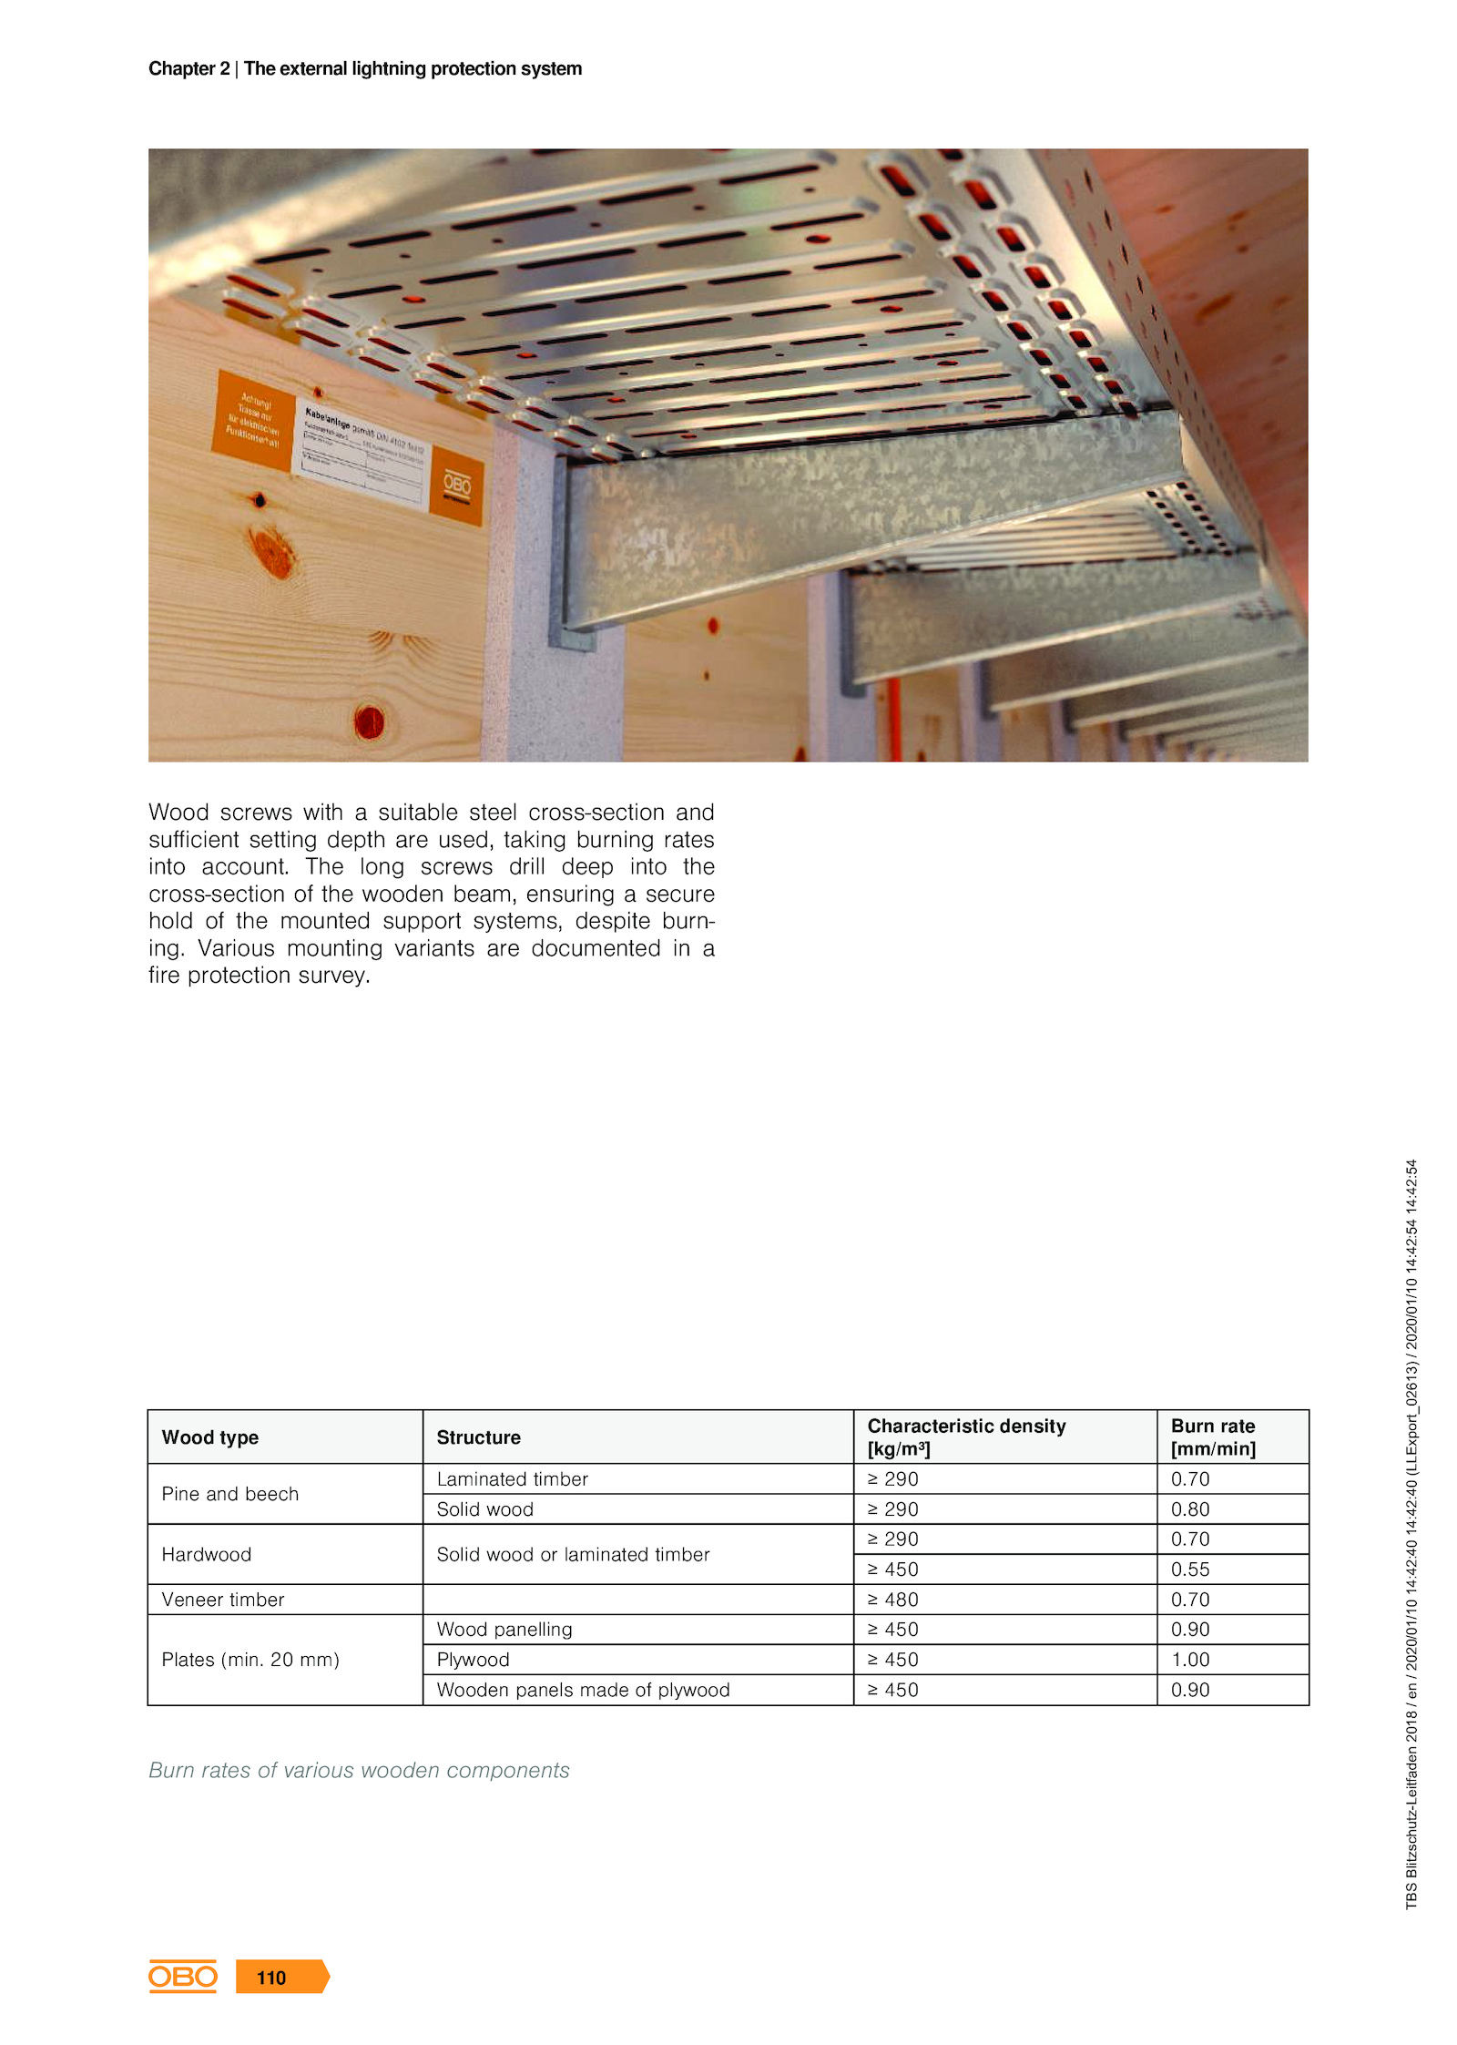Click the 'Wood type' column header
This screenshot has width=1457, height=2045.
[209, 1437]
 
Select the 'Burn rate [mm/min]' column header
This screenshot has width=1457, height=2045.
[1212, 1437]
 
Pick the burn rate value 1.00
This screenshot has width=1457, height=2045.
[1189, 1659]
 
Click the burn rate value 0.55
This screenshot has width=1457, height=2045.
[1189, 1569]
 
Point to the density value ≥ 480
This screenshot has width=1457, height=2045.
[892, 1599]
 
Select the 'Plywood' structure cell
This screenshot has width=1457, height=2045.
[473, 1659]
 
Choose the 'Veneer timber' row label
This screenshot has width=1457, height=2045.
[223, 1599]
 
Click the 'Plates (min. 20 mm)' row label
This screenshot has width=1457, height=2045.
[250, 1659]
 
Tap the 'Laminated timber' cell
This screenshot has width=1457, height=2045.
[512, 1478]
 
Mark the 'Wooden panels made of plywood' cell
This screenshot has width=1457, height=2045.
[583, 1689]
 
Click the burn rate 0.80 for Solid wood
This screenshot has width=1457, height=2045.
[1189, 1508]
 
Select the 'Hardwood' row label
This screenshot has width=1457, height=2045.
[207, 1554]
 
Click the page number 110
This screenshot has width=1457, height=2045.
[271, 1977]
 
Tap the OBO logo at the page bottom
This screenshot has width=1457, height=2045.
[183, 1976]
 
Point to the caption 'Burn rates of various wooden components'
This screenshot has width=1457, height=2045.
[359, 1769]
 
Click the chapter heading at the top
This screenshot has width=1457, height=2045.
[365, 68]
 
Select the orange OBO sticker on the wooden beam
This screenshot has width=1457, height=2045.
[456, 485]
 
